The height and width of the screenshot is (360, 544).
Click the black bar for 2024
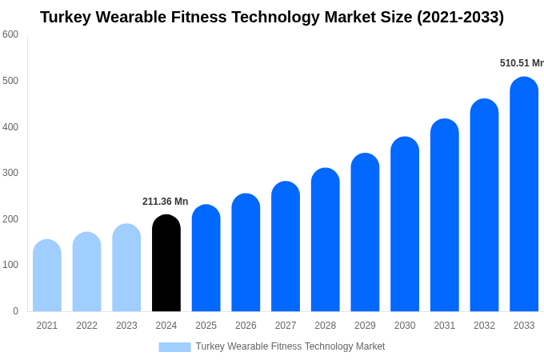click(166, 263)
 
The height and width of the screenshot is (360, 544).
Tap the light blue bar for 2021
click(47, 276)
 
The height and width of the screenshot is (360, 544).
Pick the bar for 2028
click(326, 240)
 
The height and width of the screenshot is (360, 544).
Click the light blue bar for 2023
click(126, 268)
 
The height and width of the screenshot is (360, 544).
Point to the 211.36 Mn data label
click(166, 202)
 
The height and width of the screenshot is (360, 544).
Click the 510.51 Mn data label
click(522, 63)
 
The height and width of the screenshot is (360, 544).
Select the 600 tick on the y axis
click(10, 34)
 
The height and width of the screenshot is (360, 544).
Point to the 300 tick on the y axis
click(10, 173)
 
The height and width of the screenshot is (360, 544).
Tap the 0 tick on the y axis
click(15, 311)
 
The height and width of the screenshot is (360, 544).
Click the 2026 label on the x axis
click(246, 326)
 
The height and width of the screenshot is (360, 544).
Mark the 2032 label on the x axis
click(484, 326)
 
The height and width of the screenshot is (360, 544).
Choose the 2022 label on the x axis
click(86, 326)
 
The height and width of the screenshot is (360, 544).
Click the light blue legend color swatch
click(174, 347)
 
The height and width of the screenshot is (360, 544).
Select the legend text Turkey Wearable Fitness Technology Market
click(290, 346)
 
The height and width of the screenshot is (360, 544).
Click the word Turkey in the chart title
click(66, 17)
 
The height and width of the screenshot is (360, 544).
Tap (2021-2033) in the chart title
click(460, 17)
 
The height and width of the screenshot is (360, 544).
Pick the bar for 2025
click(206, 258)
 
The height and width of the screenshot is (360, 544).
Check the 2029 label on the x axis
click(365, 326)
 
